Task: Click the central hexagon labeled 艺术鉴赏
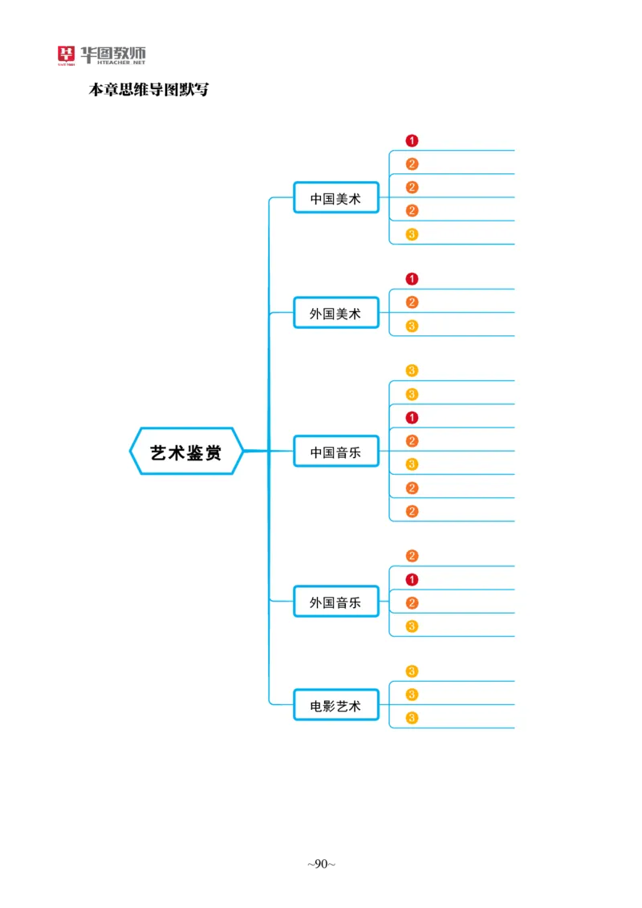(186, 452)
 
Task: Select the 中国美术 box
(335, 198)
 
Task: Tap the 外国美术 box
(335, 314)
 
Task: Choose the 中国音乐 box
(335, 452)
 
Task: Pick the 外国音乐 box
(335, 602)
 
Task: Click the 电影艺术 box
(335, 706)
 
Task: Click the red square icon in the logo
(64, 55)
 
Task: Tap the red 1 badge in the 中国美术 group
(412, 140)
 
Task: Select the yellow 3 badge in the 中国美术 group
(412, 234)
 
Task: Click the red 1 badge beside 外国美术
(412, 279)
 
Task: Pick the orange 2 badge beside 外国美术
(412, 302)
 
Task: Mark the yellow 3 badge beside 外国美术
(412, 326)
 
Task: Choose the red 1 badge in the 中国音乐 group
(412, 417)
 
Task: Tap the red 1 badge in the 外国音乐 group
(412, 579)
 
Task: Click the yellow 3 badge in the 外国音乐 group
(412, 626)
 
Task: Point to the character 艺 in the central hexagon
(159, 452)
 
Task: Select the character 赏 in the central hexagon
(213, 452)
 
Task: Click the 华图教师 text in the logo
(112, 53)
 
